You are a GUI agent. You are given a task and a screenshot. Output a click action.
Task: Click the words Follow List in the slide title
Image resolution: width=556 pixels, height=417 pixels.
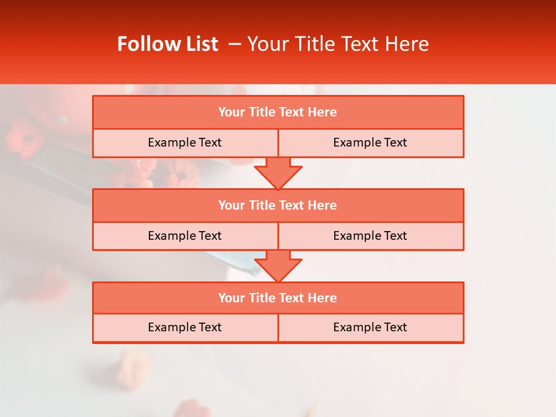tap(167, 44)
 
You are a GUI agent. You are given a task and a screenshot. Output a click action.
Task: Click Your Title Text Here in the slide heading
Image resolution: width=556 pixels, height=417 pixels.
tap(338, 44)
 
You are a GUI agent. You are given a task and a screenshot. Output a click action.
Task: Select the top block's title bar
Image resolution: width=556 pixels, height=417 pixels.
tap(278, 112)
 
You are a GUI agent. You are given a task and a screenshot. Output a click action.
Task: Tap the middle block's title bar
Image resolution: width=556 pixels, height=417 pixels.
tap(278, 205)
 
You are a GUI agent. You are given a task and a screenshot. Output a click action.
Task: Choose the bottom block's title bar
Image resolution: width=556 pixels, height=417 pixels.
tap(278, 298)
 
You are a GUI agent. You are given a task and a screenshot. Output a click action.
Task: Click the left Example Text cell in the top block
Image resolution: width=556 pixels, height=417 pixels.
tap(185, 142)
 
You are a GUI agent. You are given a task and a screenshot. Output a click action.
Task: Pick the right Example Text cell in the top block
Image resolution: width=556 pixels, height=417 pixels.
tap(371, 142)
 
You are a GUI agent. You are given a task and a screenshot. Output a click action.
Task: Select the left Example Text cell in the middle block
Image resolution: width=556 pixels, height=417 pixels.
tap(185, 236)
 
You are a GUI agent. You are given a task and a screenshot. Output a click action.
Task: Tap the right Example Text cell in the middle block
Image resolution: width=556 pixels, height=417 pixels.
tap(371, 236)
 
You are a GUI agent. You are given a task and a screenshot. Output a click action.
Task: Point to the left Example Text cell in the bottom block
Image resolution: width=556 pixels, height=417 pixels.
tap(185, 327)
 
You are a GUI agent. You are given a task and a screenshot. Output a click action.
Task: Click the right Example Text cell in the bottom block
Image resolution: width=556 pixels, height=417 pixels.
tap(371, 327)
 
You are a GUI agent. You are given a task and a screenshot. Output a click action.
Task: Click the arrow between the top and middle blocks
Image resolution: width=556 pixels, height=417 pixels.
tap(278, 173)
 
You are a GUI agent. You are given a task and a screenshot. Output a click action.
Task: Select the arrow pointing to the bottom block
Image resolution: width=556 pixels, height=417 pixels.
tap(278, 266)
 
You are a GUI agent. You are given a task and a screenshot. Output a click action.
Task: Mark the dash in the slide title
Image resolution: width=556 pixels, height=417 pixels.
tap(235, 44)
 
